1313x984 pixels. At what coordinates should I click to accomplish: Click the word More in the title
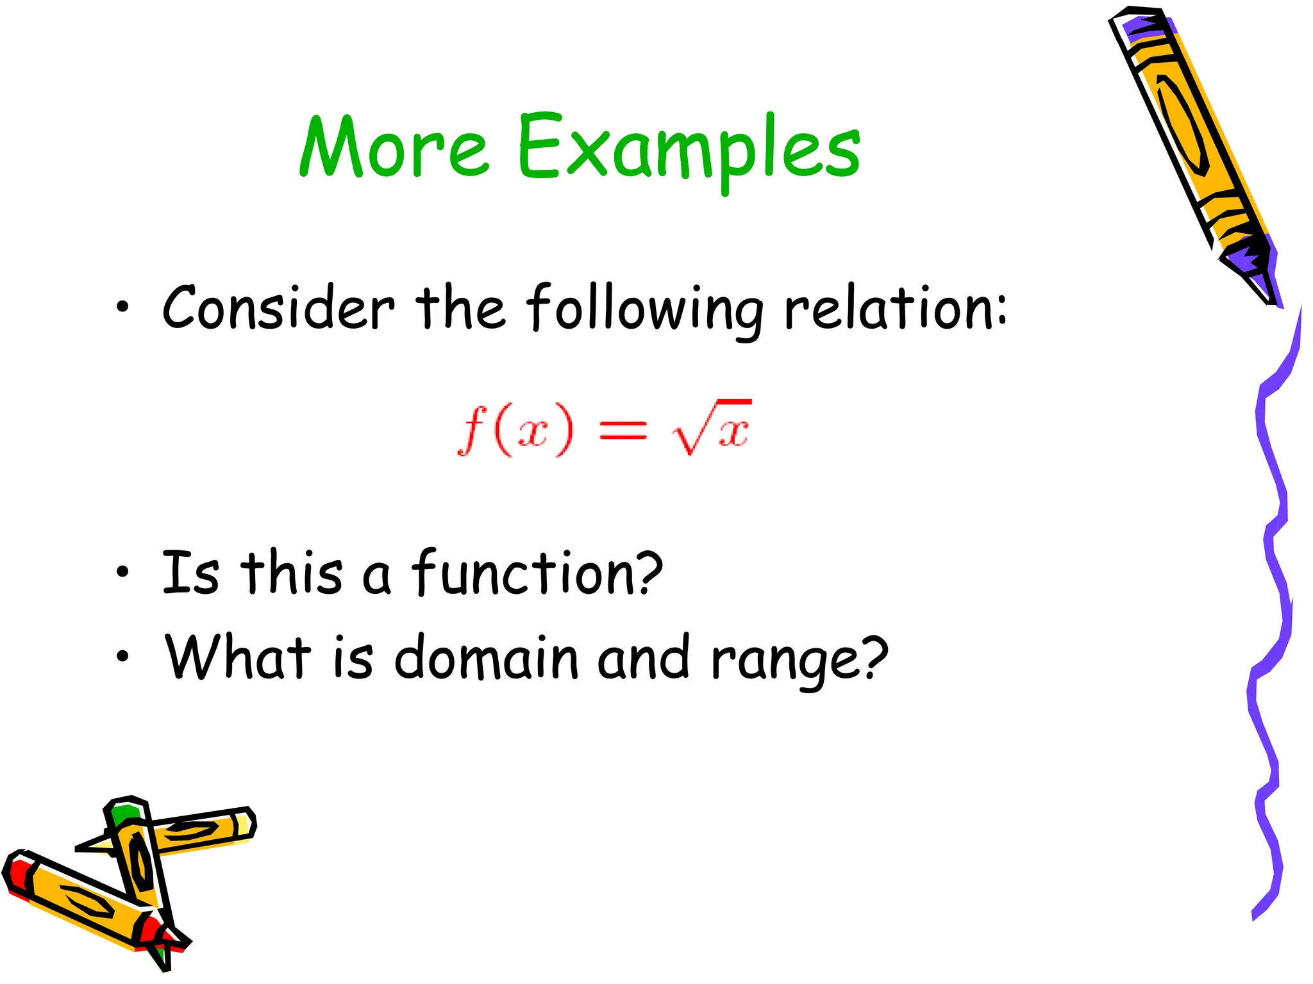click(x=394, y=147)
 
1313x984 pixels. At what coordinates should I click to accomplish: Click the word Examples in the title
click(x=689, y=149)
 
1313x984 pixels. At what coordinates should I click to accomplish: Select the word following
click(x=644, y=309)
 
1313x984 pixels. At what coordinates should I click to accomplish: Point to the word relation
click(x=887, y=308)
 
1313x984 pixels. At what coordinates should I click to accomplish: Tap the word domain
click(x=486, y=658)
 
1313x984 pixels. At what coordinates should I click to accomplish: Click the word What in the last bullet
click(x=238, y=657)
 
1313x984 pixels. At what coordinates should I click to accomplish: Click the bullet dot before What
click(x=122, y=657)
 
